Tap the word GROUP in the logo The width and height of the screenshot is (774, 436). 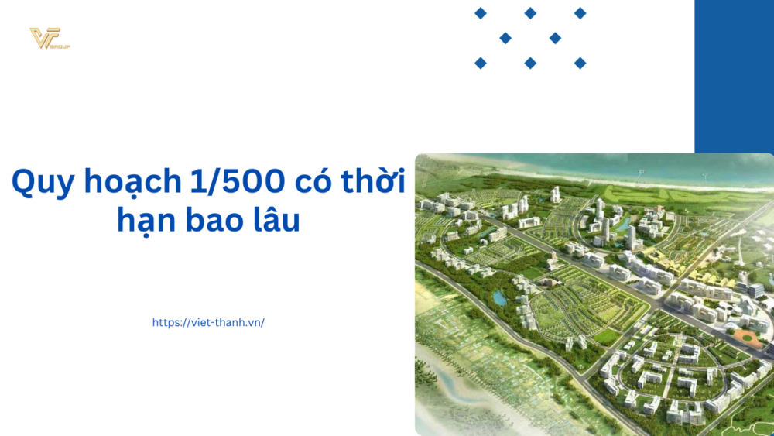click(x=60, y=46)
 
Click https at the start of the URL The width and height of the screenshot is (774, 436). click(x=166, y=322)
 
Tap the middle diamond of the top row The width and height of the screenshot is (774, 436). click(x=530, y=13)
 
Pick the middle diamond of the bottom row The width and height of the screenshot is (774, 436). click(x=530, y=63)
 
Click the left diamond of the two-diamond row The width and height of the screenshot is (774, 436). click(x=505, y=38)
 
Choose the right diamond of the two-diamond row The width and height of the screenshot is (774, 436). click(x=555, y=38)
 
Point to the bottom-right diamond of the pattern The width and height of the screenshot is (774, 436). click(x=580, y=63)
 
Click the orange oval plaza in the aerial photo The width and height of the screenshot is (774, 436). click(x=745, y=337)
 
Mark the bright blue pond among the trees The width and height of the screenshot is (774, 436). click(x=499, y=297)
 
